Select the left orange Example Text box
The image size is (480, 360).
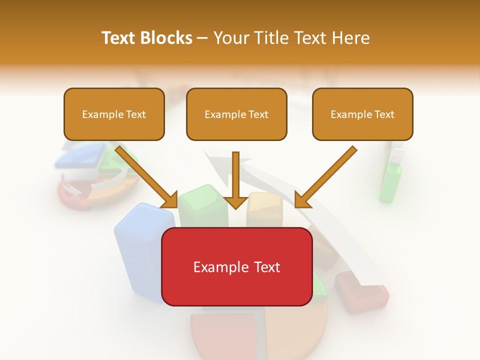click(x=114, y=114)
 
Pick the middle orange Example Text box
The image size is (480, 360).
click(x=236, y=114)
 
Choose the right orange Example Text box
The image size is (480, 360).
click(x=362, y=114)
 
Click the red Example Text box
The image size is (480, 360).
click(x=236, y=266)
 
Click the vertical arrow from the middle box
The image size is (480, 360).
click(x=236, y=180)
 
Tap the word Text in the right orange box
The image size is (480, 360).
click(x=384, y=114)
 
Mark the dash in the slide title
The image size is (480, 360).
click(x=202, y=38)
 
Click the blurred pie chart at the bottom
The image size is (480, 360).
click(x=257, y=332)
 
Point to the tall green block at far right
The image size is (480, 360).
click(x=390, y=182)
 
